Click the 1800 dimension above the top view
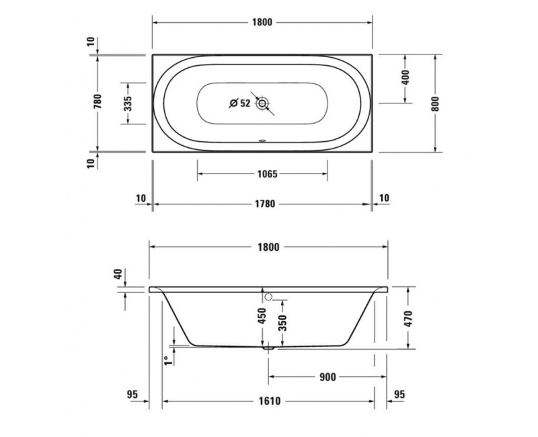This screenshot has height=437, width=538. coord(262,22)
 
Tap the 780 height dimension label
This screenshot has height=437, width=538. coord(98,102)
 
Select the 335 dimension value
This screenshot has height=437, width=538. coord(128,102)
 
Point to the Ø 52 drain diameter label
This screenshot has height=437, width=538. coord(239,103)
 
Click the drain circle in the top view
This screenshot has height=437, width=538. coord(262,104)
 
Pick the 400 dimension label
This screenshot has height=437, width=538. coord(405,77)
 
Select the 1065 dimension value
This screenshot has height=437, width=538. coord(266,174)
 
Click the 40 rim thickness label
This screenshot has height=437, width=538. coord(118,274)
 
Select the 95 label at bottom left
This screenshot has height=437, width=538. coord(131,394)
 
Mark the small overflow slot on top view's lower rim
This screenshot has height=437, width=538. coord(262,142)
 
